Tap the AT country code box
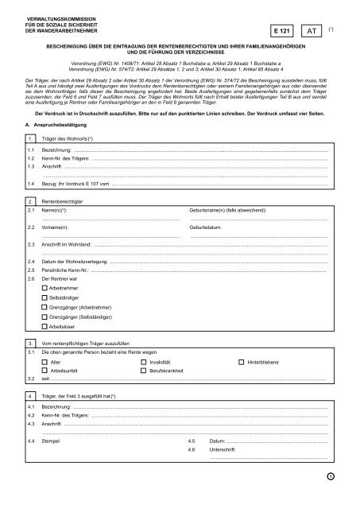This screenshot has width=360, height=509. tap(318, 28)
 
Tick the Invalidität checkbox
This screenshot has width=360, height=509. tap(143, 362)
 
